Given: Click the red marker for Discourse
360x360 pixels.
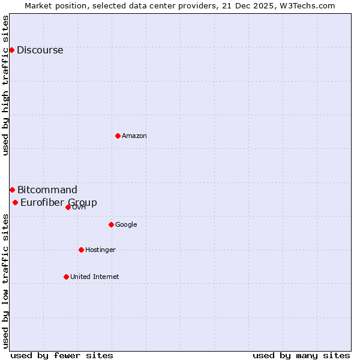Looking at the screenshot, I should click(x=11, y=50).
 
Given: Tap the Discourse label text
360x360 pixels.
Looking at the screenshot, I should click(x=40, y=50).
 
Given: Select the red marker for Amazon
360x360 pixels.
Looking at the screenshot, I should click(x=118, y=136).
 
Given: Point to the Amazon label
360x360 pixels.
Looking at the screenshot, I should click(x=134, y=136).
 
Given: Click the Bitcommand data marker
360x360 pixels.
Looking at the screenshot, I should click(x=12, y=190).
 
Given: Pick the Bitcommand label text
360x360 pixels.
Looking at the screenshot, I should click(x=47, y=190).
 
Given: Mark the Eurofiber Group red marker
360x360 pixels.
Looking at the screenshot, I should click(x=15, y=202).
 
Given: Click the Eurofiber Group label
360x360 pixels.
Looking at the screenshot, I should click(x=59, y=203).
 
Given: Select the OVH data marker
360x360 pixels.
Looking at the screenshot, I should click(x=68, y=207).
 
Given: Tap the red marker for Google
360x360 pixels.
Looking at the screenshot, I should click(x=111, y=224).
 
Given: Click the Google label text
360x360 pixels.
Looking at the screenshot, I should click(x=126, y=225).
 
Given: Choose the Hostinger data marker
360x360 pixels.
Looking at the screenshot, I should click(x=81, y=250).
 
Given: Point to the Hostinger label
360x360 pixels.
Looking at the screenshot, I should click(x=100, y=250).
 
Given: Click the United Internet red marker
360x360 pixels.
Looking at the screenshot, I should click(x=66, y=277).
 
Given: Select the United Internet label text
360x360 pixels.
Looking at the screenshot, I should click(x=94, y=277).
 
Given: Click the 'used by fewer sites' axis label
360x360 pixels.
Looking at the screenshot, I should click(x=62, y=356).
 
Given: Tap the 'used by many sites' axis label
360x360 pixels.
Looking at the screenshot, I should click(x=301, y=356).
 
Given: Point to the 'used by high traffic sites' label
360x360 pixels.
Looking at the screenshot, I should click(x=6, y=85).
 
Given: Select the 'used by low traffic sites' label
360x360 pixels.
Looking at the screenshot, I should click(x=6, y=280).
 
